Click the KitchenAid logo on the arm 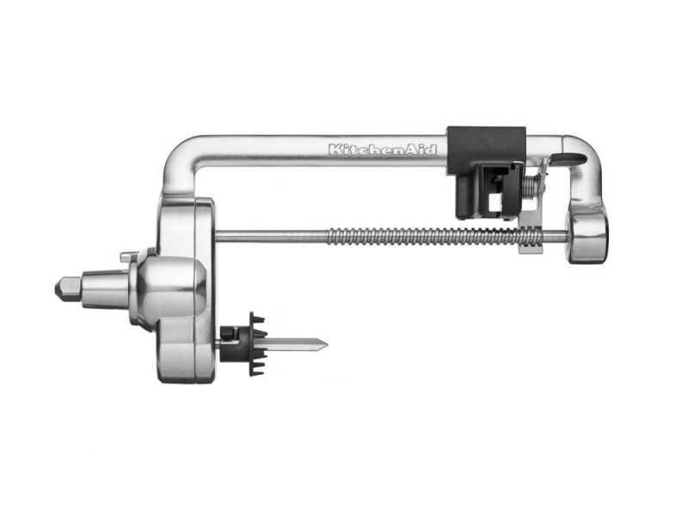(x=383, y=150)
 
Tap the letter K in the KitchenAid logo (x=335, y=150)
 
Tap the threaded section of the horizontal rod (x=434, y=236)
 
